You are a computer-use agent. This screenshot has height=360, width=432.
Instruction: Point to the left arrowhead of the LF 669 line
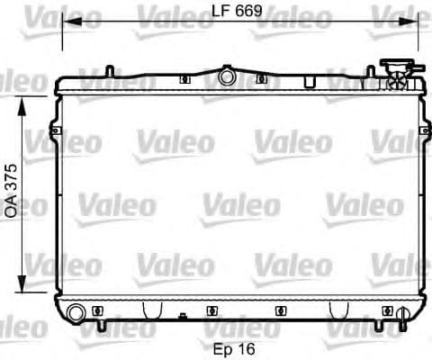coord(65,27)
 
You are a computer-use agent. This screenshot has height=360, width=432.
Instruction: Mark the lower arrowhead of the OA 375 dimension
coord(24,292)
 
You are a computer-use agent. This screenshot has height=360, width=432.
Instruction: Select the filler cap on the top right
coord(396,67)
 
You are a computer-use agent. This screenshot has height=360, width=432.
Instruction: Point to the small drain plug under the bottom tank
coord(184,318)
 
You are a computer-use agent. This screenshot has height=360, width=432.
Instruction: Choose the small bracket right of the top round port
coord(261,79)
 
